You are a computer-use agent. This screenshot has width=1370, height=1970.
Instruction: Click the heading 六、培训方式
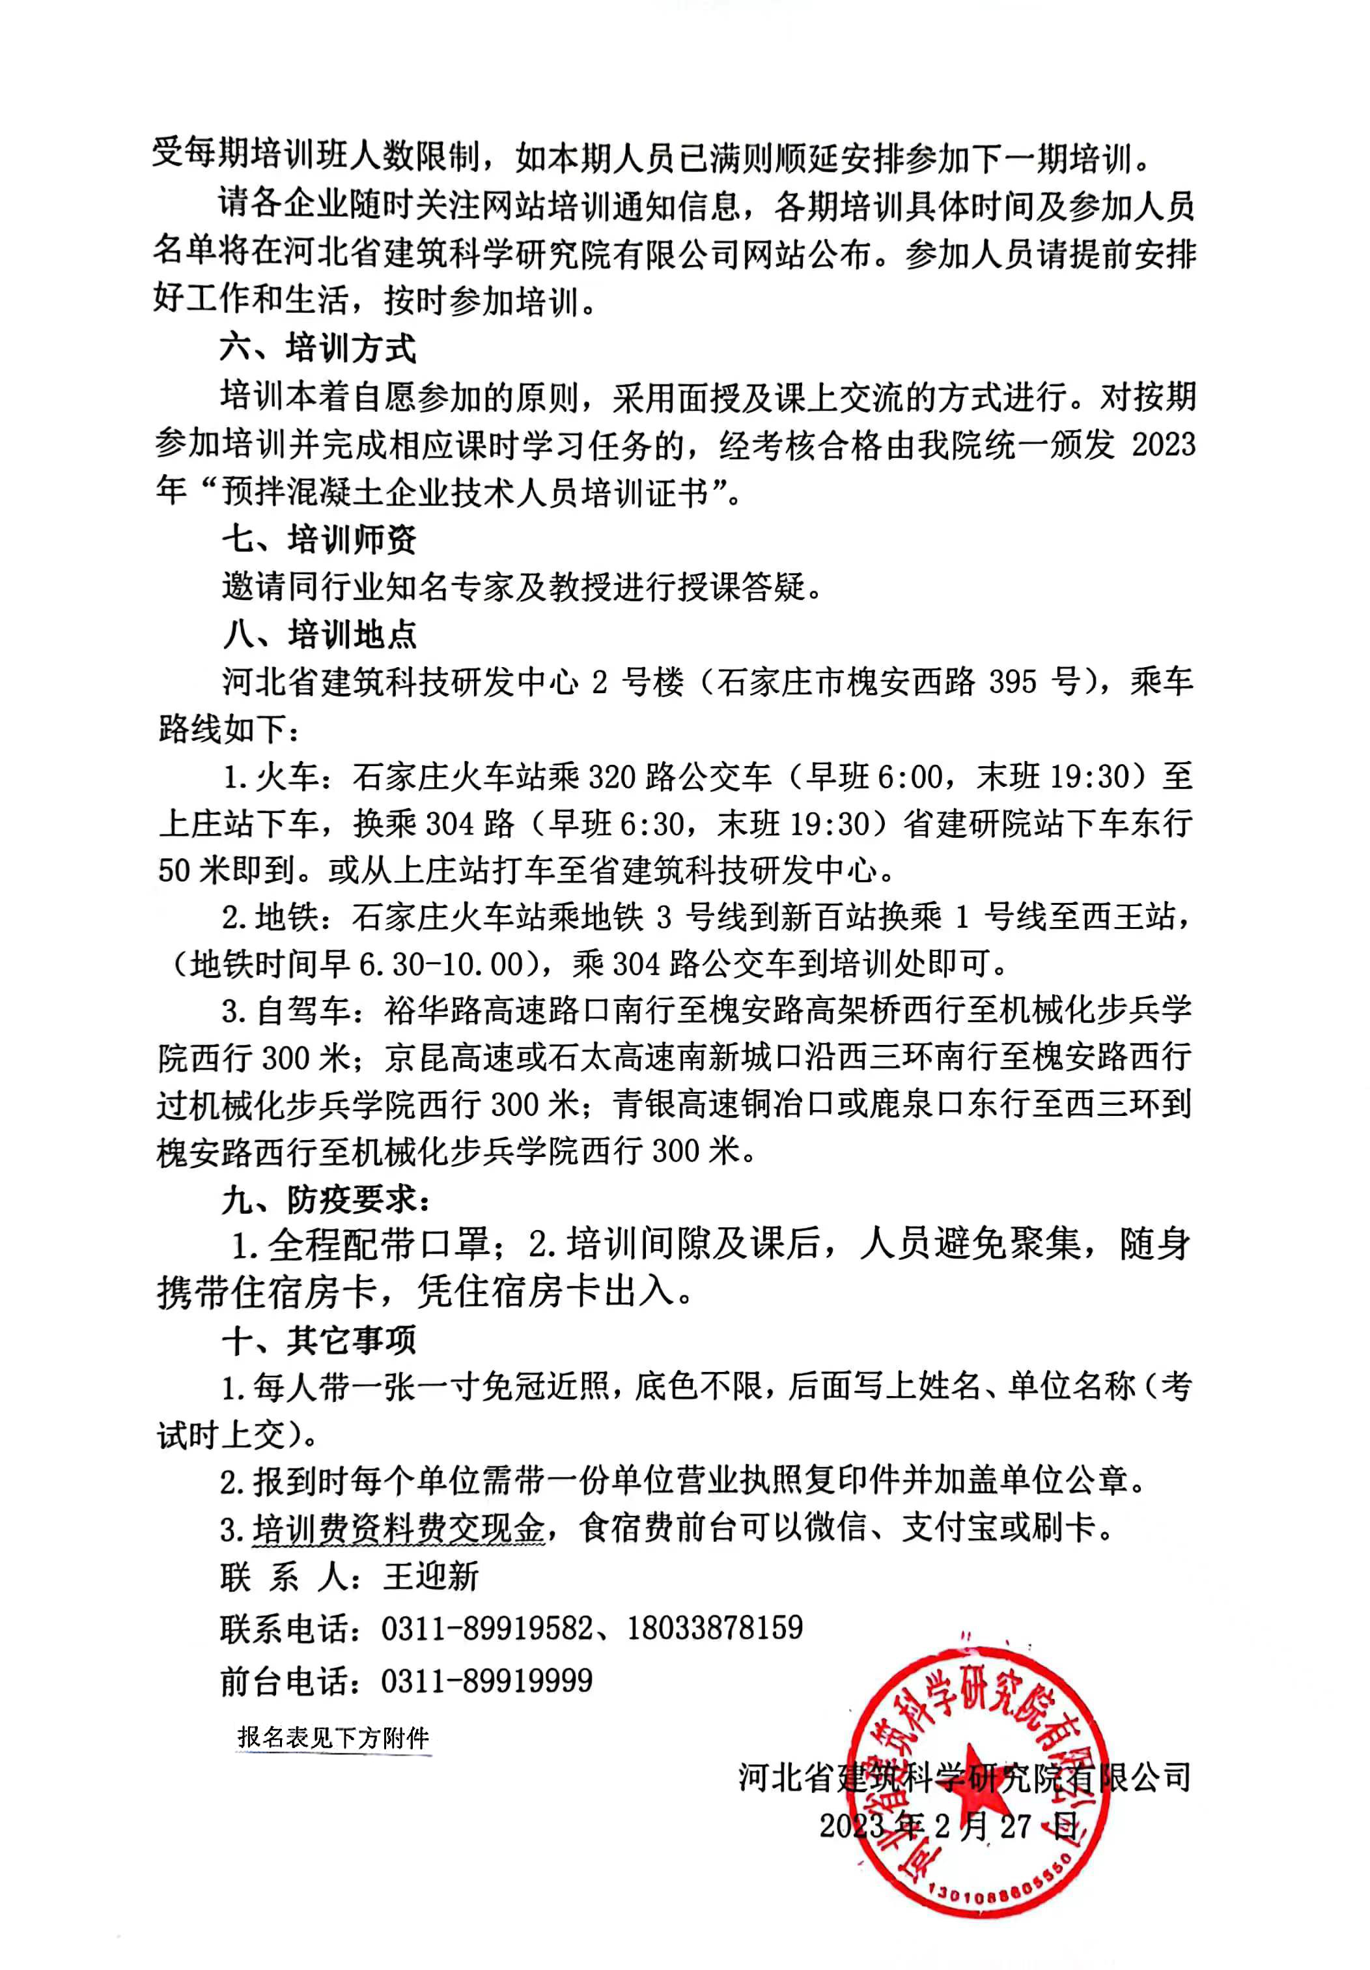pyautogui.click(x=317, y=349)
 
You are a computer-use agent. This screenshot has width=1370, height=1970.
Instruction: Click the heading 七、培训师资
pyautogui.click(x=319, y=539)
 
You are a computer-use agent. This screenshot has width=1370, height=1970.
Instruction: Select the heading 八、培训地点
pyautogui.click(x=319, y=635)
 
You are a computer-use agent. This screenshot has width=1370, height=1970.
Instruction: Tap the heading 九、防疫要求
pyautogui.click(x=326, y=1199)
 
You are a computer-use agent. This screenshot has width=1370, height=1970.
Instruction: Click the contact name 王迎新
pyautogui.click(x=430, y=1576)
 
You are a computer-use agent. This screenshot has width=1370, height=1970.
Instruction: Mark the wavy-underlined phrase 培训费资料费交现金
pyautogui.click(x=399, y=1528)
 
